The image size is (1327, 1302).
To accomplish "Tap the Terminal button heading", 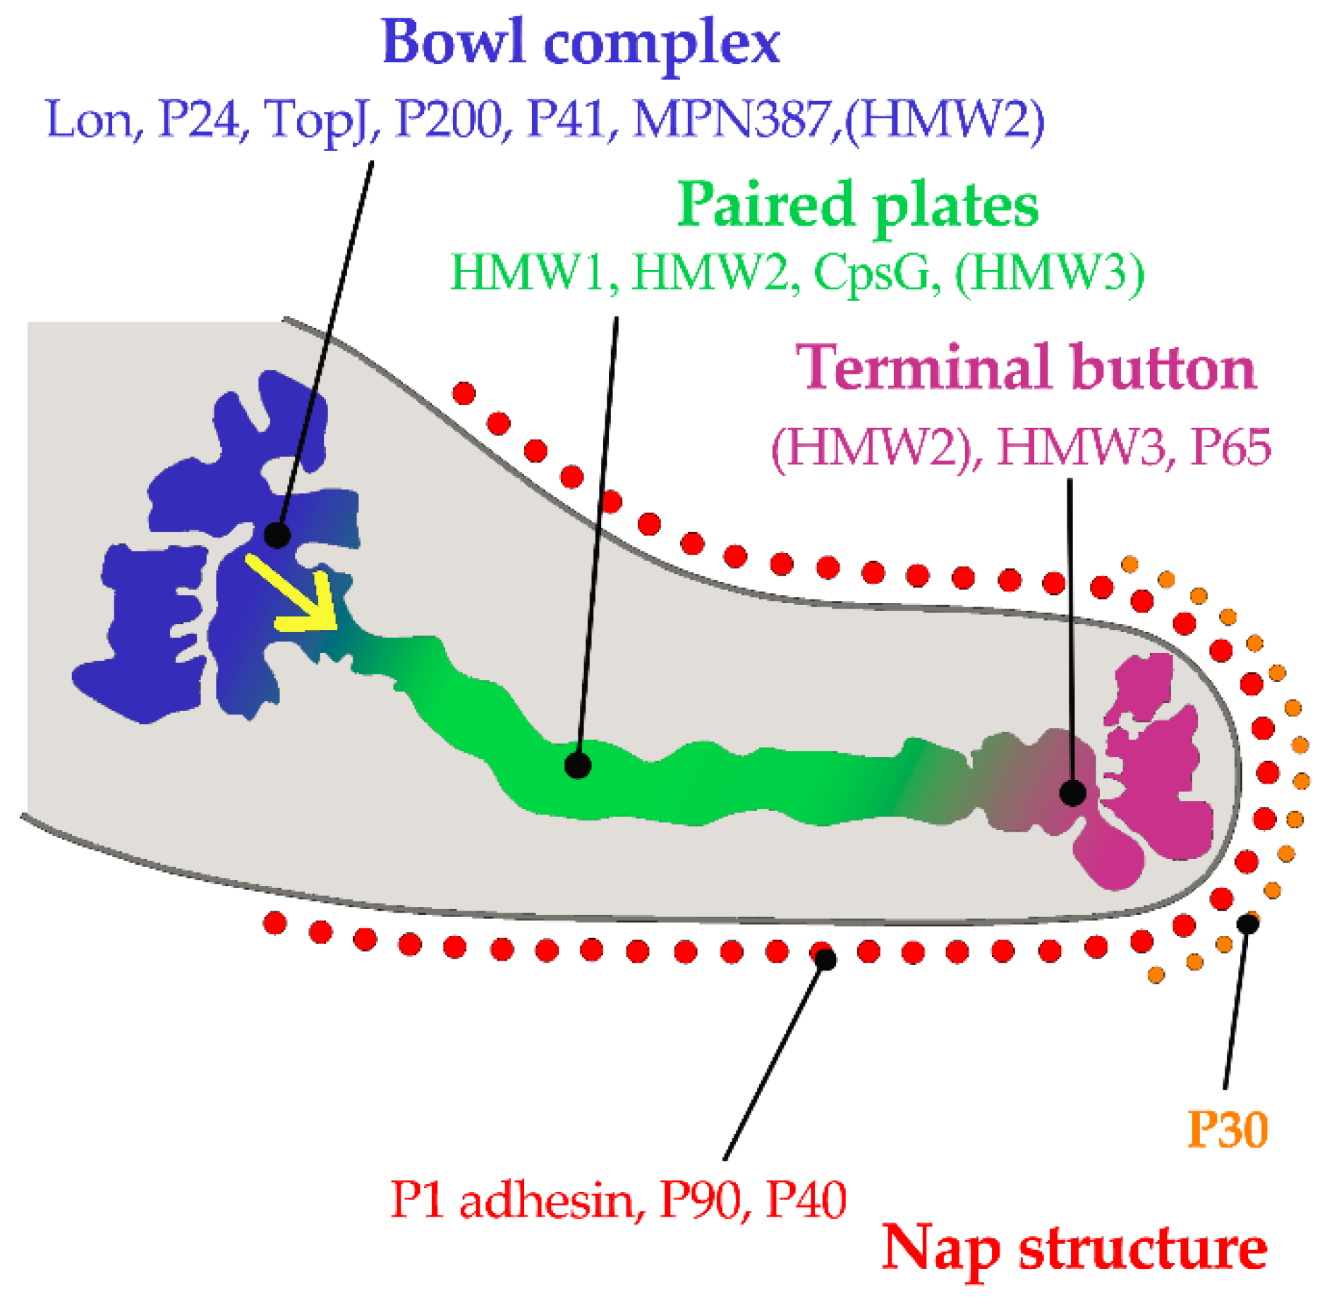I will coord(1026,368).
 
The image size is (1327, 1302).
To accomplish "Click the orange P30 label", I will coord(1228,1129).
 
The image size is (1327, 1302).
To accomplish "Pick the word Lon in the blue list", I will coord(90,120).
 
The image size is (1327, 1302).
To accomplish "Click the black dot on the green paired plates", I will coord(578,765).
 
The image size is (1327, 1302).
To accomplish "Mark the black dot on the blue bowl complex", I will coord(277,535).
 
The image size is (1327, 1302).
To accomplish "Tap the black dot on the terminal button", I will coord(1072,793).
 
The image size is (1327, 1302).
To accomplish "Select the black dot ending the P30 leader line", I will coord(1247,923).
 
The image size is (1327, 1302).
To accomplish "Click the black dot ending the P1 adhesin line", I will coord(825,959).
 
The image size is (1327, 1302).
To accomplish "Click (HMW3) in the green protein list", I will coord(1050,274).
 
